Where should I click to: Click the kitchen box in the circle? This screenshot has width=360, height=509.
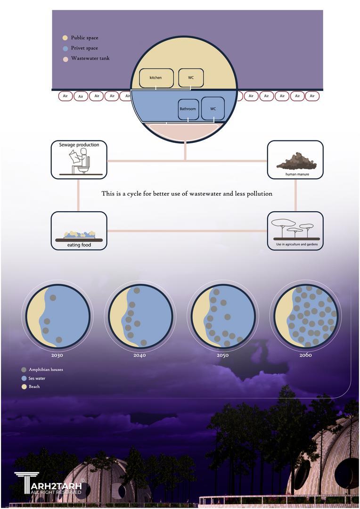pyautogui.click(x=156, y=78)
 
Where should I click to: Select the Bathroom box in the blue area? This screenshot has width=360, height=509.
pyautogui.click(x=188, y=109)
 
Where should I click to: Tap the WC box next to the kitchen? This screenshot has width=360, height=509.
pyautogui.click(x=191, y=78)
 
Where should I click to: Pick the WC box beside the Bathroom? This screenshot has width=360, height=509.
pyautogui.click(x=213, y=109)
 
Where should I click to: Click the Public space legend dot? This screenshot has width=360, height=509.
pyautogui.click(x=65, y=38)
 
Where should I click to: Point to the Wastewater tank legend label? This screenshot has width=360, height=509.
pyautogui.click(x=90, y=58)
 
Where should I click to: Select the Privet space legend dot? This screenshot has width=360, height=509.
pyautogui.click(x=65, y=48)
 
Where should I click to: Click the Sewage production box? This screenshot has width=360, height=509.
pyautogui.click(x=79, y=160)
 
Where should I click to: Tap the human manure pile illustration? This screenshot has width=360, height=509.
pyautogui.click(x=296, y=161)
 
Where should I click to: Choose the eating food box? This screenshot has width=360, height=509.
pyautogui.click(x=79, y=230)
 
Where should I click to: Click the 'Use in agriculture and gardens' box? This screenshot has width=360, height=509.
pyautogui.click(x=295, y=230)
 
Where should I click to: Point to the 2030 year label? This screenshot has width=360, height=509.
pyautogui.click(x=57, y=355)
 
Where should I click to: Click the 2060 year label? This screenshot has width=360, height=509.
pyautogui.click(x=305, y=355)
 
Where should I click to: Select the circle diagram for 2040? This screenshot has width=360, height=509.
pyautogui.click(x=140, y=316)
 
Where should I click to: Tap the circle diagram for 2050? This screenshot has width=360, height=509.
pyautogui.click(x=223, y=316)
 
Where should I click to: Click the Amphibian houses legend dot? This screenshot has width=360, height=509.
pyautogui.click(x=24, y=369)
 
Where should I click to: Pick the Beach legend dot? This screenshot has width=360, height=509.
pyautogui.click(x=24, y=386)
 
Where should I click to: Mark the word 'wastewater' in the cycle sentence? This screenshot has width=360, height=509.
pyautogui.click(x=215, y=194)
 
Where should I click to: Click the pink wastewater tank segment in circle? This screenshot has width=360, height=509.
pyautogui.click(x=184, y=131)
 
